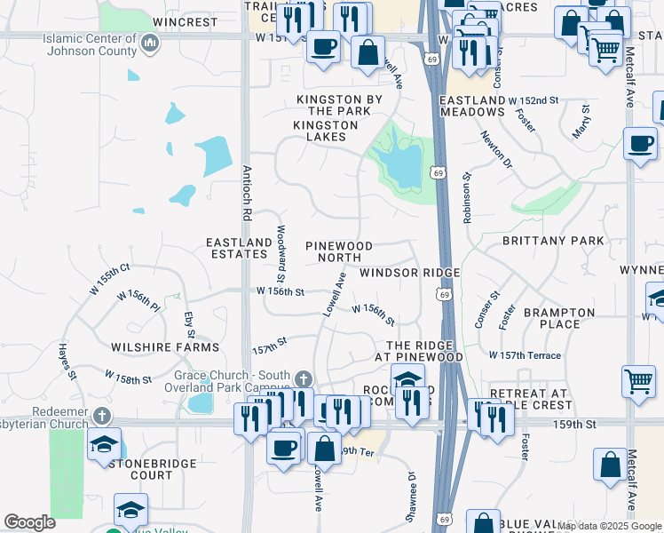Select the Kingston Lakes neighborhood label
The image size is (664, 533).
(x=326, y=131)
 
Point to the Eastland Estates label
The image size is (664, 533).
(x=239, y=248)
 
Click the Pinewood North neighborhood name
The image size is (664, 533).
(x=339, y=251)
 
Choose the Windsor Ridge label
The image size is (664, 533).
(x=409, y=273)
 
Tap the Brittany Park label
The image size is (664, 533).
(x=553, y=241)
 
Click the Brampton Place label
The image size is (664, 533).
(x=558, y=319)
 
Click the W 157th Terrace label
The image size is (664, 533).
(x=526, y=355)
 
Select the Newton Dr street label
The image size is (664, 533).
(x=497, y=148)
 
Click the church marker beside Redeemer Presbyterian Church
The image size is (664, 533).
(x=103, y=416)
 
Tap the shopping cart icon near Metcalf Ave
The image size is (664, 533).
(x=638, y=380)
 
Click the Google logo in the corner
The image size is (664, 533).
(x=29, y=522)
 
